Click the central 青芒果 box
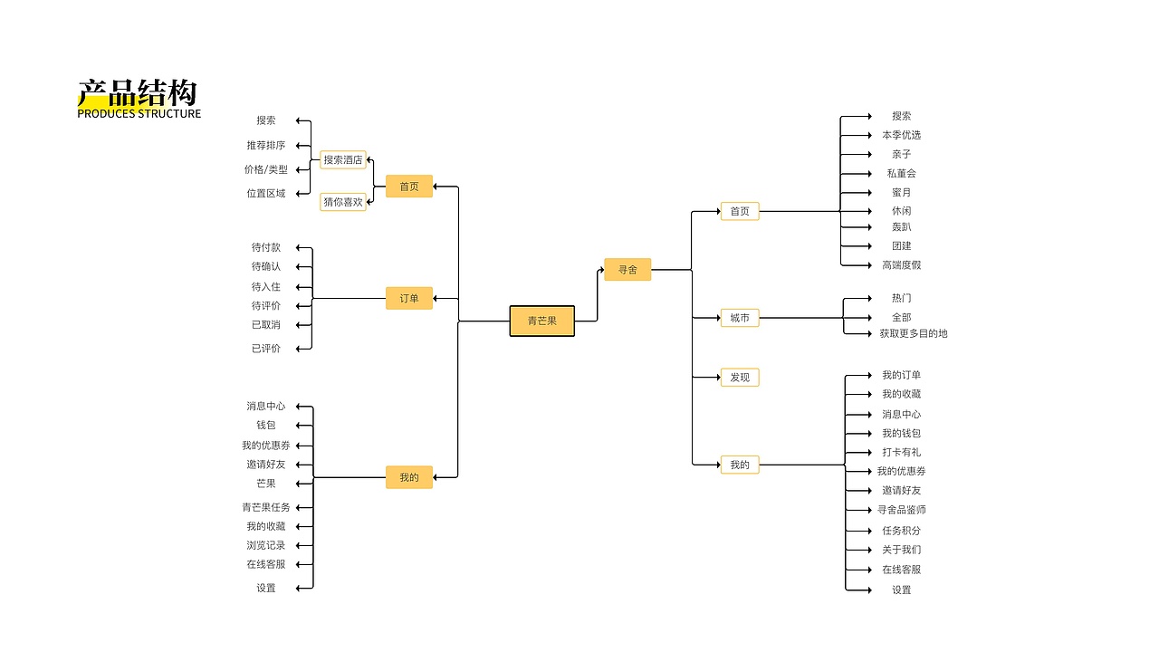[x=541, y=321]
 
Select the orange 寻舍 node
[x=627, y=269]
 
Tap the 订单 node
[x=409, y=298]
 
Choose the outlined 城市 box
[x=740, y=318]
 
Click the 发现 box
[x=740, y=377]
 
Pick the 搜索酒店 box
[x=343, y=159]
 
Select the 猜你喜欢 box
[x=343, y=202]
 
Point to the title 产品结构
[x=137, y=92]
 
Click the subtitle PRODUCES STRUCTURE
[x=139, y=114]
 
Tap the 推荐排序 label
[x=266, y=145]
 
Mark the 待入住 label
[x=266, y=287]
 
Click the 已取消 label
[x=266, y=325]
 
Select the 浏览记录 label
[x=266, y=545]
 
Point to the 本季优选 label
[x=902, y=135]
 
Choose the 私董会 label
[x=902, y=173]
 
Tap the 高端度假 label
[x=902, y=265]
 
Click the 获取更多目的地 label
[x=914, y=333]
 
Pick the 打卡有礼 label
[x=902, y=452]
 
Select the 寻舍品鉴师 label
[x=902, y=510]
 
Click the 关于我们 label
[x=902, y=550]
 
